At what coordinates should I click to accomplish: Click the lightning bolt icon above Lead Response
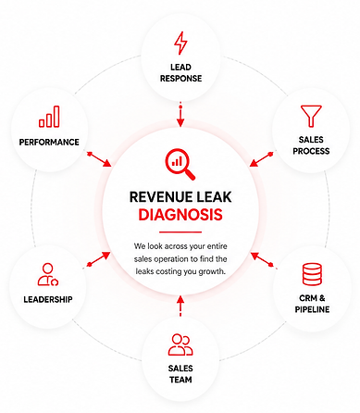180,43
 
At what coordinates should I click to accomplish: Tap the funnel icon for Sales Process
311,116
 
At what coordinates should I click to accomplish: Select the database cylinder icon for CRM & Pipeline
312,274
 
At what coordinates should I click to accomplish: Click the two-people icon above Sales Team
180,344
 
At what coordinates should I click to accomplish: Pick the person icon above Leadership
48,274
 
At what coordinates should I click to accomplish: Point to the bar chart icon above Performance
49,117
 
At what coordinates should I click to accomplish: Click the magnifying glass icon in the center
180,165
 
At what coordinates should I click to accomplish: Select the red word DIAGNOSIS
180,215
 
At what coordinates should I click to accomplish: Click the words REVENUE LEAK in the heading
180,197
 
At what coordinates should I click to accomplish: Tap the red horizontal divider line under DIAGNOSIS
180,232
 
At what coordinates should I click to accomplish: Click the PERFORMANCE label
49,142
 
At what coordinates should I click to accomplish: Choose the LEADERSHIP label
48,299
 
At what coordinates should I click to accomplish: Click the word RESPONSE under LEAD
180,79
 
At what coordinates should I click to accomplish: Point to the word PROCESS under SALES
311,151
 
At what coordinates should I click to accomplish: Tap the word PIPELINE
312,309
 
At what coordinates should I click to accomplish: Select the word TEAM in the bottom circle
180,380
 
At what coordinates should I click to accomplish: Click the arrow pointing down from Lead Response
180,115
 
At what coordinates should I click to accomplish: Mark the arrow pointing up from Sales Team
180,307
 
